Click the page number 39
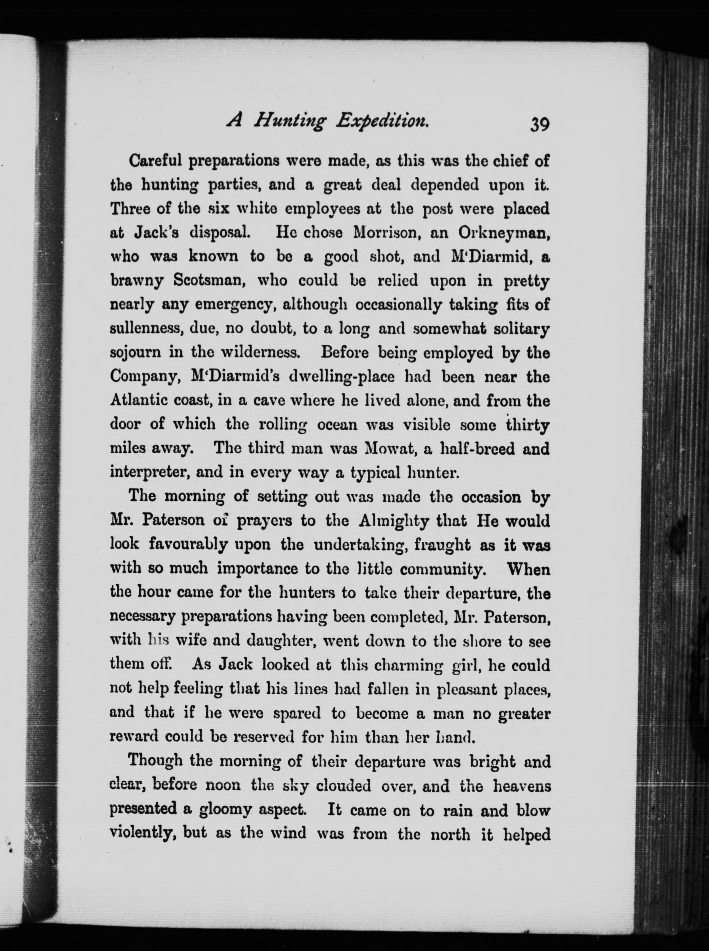(539, 124)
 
